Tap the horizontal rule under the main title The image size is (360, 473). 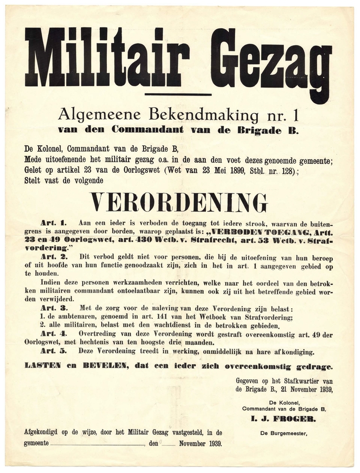(178, 95)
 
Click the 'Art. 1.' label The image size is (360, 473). (54, 222)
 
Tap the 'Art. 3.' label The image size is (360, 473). (54, 308)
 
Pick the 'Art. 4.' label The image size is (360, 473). (54, 334)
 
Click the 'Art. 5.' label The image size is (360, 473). (54, 351)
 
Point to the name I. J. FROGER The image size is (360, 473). (283, 419)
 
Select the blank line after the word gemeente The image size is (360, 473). (97, 445)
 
